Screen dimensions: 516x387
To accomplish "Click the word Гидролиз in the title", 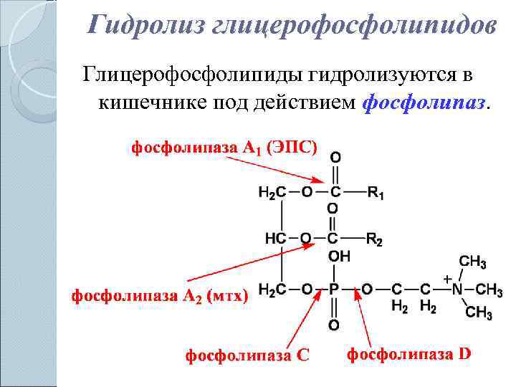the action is [146, 26].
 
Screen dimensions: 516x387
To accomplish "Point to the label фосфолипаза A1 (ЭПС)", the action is [222, 148].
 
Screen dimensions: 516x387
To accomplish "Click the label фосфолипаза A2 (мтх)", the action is [159, 295].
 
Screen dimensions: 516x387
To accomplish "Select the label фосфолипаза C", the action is [247, 355].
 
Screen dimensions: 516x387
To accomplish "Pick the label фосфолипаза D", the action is [409, 353].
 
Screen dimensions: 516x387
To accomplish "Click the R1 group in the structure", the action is [376, 192].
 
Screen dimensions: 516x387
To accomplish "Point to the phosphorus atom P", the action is [333, 290].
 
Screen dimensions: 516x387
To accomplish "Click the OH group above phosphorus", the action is [339, 256].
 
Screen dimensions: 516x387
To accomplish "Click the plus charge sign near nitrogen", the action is [447, 277].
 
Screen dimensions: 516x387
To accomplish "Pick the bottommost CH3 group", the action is [478, 313].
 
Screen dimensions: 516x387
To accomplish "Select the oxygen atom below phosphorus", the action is [333, 326].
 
